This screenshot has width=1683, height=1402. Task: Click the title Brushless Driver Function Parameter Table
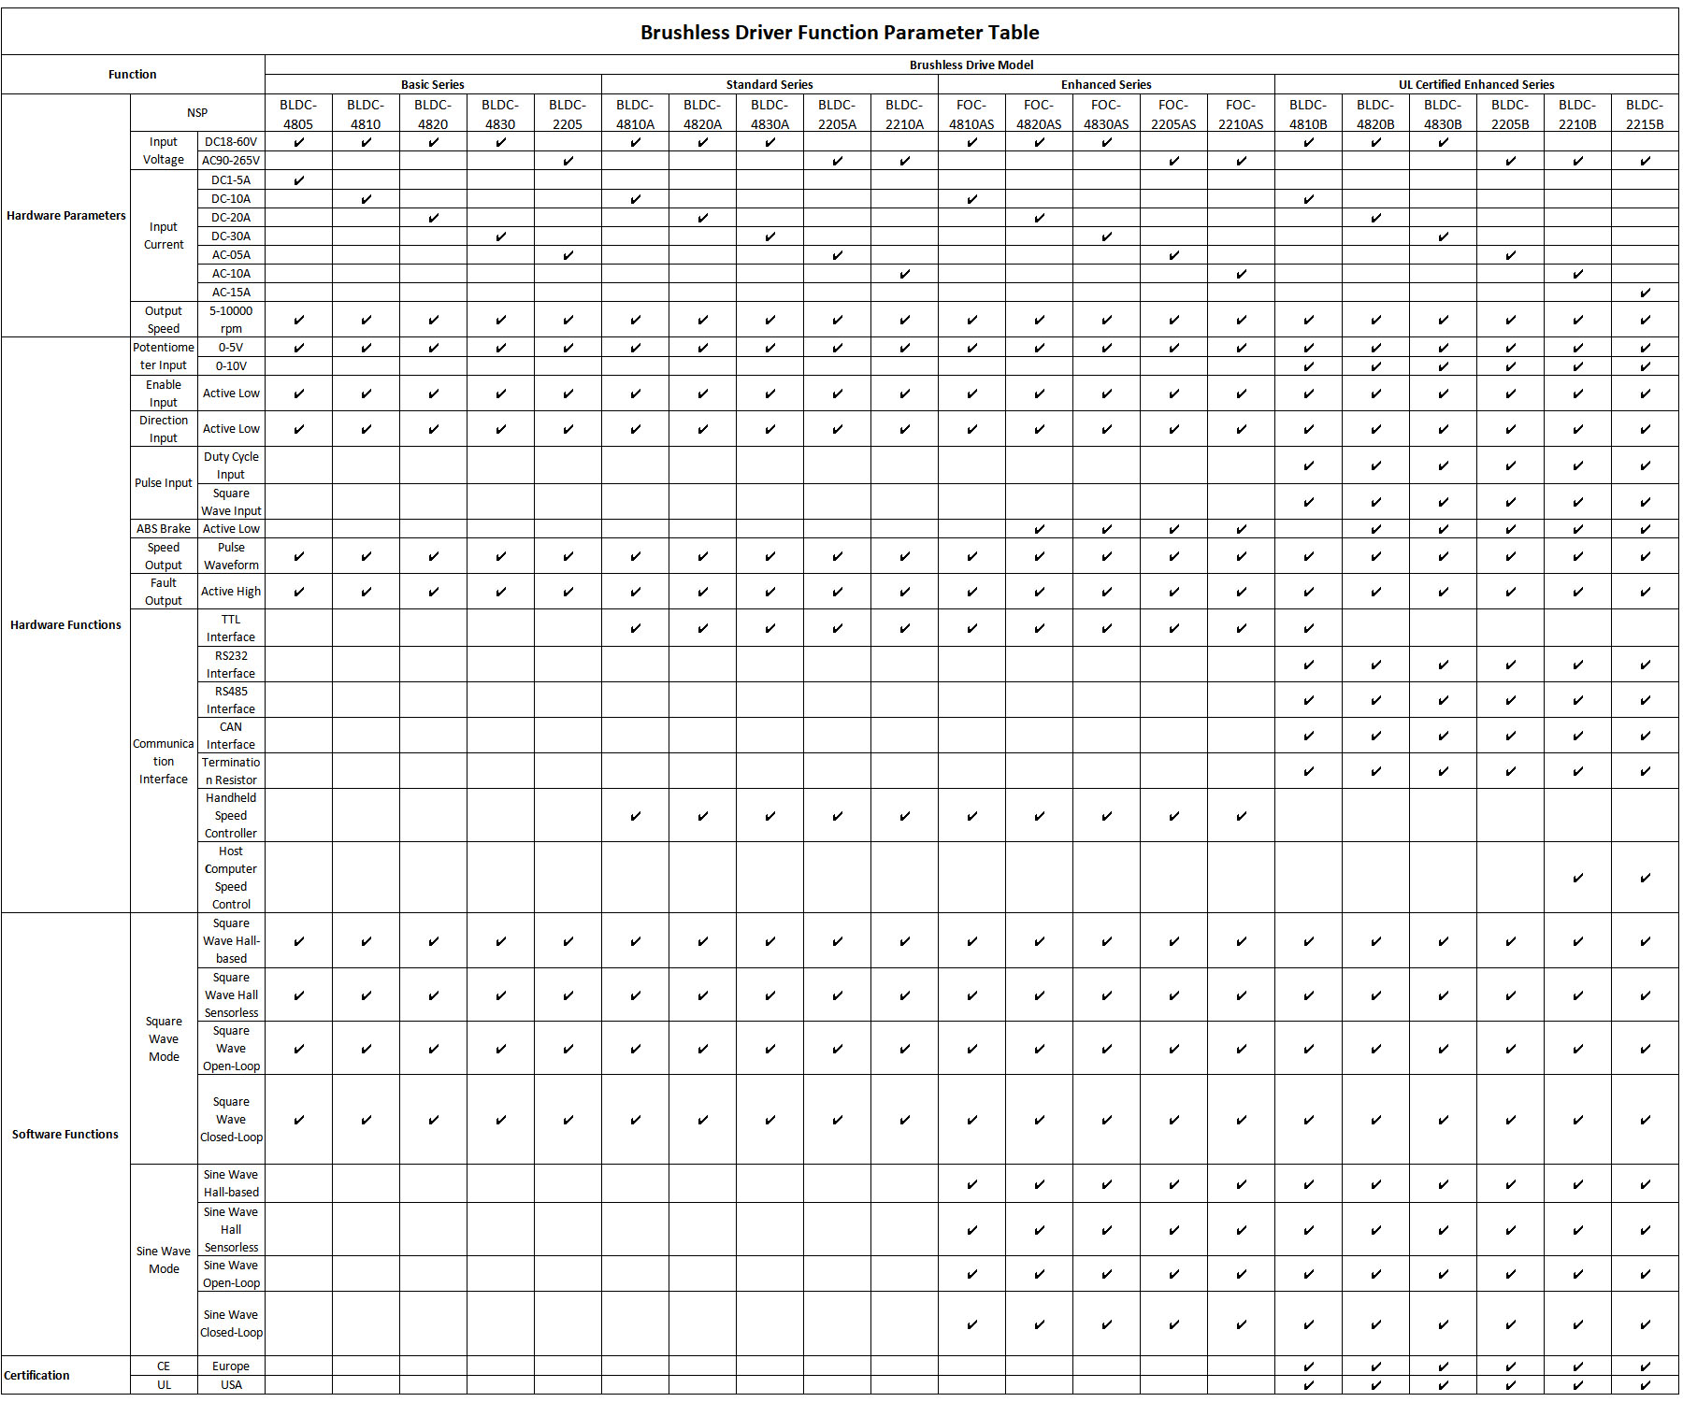pyautogui.click(x=839, y=33)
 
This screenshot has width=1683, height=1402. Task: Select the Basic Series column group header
pyautogui.click(x=432, y=84)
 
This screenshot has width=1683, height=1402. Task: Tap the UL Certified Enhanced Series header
pyautogui.click(x=1475, y=84)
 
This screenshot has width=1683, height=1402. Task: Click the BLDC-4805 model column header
pyautogui.click(x=298, y=114)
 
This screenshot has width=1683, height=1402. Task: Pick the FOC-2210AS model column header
pyautogui.click(x=1240, y=114)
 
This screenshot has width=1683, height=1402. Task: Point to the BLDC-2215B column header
pyautogui.click(x=1644, y=114)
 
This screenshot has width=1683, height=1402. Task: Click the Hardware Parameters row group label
pyautogui.click(x=65, y=216)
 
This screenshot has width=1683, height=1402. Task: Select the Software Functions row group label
pyautogui.click(x=65, y=1134)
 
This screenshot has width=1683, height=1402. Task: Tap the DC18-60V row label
pyautogui.click(x=231, y=142)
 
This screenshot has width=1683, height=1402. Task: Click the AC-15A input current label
pyautogui.click(x=231, y=293)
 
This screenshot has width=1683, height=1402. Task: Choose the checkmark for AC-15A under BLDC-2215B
pyautogui.click(x=1645, y=293)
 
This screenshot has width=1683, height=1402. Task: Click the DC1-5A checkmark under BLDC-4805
pyautogui.click(x=299, y=180)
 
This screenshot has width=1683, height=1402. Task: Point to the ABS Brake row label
pyautogui.click(x=164, y=529)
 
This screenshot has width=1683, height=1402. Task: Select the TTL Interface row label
pyautogui.click(x=231, y=628)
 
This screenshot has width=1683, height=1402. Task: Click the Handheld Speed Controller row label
pyautogui.click(x=231, y=815)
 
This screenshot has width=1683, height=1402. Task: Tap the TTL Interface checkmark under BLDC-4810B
pyautogui.click(x=1308, y=628)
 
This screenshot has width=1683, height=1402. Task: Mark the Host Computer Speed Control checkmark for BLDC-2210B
pyautogui.click(x=1577, y=878)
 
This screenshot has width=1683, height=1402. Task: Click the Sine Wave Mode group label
pyautogui.click(x=164, y=1260)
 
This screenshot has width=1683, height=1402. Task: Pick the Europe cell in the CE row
pyautogui.click(x=231, y=1366)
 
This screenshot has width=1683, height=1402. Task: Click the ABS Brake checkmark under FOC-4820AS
pyautogui.click(x=1039, y=529)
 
